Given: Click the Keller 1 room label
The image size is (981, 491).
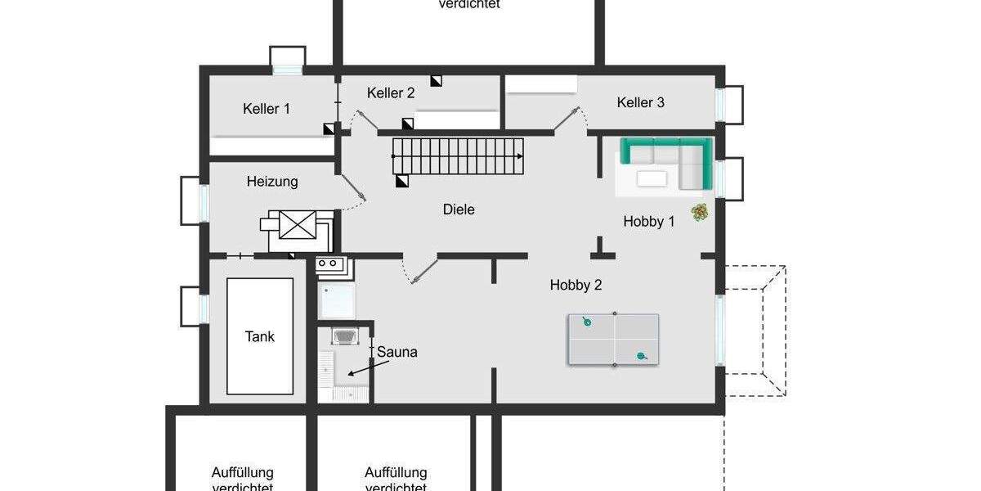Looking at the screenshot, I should click(x=266, y=108).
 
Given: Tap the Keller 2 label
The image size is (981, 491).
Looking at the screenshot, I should click(x=390, y=93).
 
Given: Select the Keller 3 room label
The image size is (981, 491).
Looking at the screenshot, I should click(x=640, y=102).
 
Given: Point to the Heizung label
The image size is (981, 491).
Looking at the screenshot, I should click(x=272, y=182).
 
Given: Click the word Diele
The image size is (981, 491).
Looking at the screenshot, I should click(x=459, y=209).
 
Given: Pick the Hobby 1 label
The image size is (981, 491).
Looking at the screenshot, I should click(x=649, y=221).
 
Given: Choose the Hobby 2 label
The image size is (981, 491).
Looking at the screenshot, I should click(x=576, y=285).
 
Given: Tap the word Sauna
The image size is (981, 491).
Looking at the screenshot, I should click(x=397, y=352).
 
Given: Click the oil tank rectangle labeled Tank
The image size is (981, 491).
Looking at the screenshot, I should click(x=260, y=336).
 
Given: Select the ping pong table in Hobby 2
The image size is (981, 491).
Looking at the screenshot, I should click(x=613, y=339).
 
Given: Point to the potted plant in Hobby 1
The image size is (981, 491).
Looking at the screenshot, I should click(x=699, y=212).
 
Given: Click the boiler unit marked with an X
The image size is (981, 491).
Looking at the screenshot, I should click(x=297, y=224).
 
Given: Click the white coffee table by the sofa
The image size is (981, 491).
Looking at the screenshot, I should click(x=652, y=178).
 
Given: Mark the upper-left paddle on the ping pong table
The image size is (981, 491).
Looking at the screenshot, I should click(x=586, y=322).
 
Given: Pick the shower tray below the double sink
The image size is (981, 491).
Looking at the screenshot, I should click(x=337, y=300).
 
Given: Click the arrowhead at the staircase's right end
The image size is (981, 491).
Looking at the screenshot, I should click(x=520, y=155).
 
